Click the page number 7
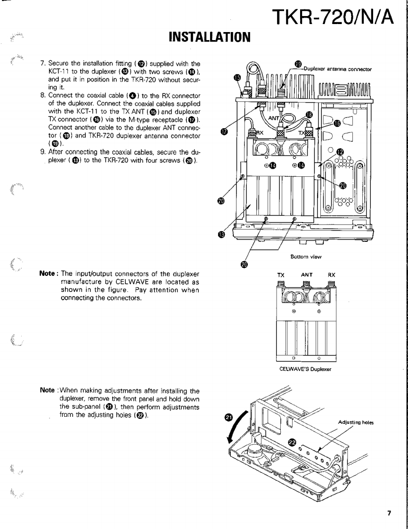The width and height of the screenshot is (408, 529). pos(389,513)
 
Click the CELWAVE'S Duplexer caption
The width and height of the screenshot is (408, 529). pos(306,369)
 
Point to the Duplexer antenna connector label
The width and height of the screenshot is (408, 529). pos(337,69)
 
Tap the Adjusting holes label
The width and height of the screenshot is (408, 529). pos(356,422)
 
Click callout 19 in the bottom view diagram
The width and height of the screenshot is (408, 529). pos(298,64)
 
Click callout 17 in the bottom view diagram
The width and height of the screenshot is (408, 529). pos(224,132)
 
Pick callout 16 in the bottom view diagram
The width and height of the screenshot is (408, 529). pos(337,123)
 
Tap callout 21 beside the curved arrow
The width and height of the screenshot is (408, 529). pos(228,418)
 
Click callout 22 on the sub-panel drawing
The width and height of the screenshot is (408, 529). pos(292,442)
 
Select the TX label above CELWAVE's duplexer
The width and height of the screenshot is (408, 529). pos(281,274)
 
